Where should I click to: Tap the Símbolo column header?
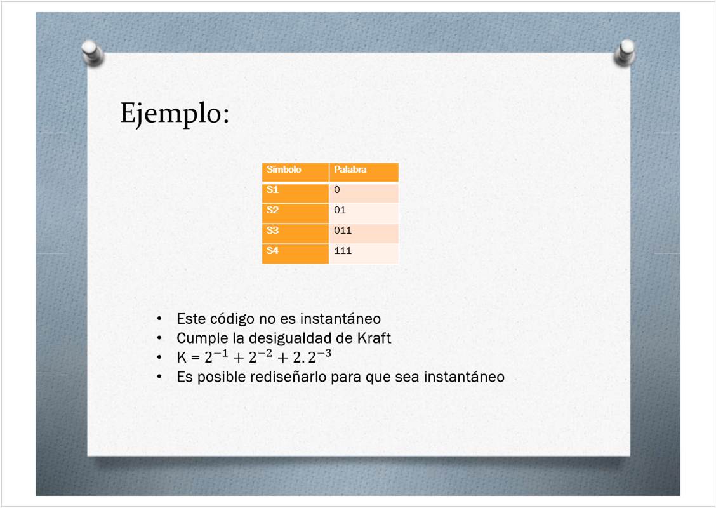pyautogui.click(x=295, y=172)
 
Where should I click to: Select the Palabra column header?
pyautogui.click(x=364, y=172)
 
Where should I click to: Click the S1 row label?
pyautogui.click(x=295, y=192)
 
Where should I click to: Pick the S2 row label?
pyautogui.click(x=295, y=213)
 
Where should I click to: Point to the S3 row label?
pyautogui.click(x=295, y=233)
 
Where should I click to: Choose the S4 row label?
pyautogui.click(x=295, y=253)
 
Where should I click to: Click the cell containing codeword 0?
pyautogui.click(x=364, y=192)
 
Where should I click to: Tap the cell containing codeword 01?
pyautogui.click(x=364, y=213)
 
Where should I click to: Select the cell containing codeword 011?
pyautogui.click(x=364, y=233)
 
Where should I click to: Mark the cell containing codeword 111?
pyautogui.click(x=364, y=253)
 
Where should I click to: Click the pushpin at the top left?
pyautogui.click(x=93, y=53)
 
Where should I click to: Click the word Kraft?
pyautogui.click(x=374, y=338)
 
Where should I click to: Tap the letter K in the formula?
pyautogui.click(x=182, y=358)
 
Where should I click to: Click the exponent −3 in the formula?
pyautogui.click(x=324, y=353)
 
